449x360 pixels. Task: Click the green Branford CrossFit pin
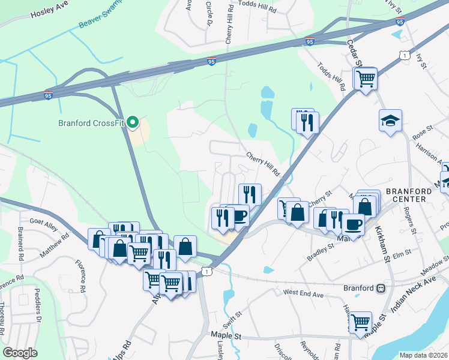pyautogui.click(x=134, y=123)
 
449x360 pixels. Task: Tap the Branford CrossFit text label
pyautogui.click(x=91, y=124)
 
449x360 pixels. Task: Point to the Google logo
pyautogui.click(x=20, y=353)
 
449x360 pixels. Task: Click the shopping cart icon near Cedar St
pyautogui.click(x=365, y=78)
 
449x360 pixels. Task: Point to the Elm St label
pyautogui.click(x=401, y=253)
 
